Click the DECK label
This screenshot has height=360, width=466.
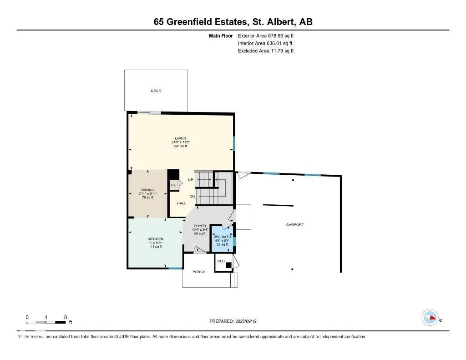coord(156,91)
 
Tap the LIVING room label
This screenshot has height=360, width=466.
coord(181,138)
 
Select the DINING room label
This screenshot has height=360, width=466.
coord(147,190)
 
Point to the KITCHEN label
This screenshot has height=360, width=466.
coord(155,239)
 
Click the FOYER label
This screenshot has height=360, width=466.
coord(200,226)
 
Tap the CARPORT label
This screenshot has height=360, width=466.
coord(294,225)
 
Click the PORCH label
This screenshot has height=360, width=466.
coord(199,272)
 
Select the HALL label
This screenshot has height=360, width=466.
coord(181,203)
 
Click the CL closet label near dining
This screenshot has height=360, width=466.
coord(173,185)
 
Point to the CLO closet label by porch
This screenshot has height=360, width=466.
coord(221,261)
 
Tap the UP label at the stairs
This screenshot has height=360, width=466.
coord(191,180)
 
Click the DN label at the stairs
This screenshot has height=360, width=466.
coord(192,197)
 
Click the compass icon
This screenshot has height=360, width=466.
coord(430,318)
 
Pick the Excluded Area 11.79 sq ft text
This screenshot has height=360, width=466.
coord(266,51)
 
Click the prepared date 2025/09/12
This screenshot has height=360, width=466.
coord(250,321)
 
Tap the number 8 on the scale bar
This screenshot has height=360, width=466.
coord(66,317)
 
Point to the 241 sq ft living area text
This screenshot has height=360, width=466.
coord(181,146)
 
